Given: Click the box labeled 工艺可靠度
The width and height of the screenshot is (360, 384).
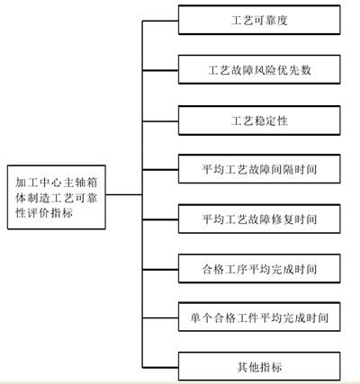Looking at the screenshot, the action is (259, 20).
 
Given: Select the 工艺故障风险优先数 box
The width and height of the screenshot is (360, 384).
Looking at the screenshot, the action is (259, 69).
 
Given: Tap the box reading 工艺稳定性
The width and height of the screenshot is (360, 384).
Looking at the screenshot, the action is (259, 121).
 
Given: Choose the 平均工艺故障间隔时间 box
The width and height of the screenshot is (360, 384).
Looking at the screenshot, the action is (259, 169).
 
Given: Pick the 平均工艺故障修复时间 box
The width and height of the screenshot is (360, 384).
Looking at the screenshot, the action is (259, 219).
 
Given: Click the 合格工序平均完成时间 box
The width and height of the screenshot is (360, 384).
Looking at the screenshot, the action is (259, 269).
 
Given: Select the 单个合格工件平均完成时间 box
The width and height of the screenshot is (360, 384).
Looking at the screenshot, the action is (259, 317).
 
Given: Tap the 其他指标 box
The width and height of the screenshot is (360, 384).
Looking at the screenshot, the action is (259, 367).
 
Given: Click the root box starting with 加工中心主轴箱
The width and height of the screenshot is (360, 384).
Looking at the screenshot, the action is (57, 197).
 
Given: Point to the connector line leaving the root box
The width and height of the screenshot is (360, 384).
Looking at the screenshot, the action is (124, 195).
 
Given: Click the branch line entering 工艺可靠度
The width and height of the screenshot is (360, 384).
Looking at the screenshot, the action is (160, 21).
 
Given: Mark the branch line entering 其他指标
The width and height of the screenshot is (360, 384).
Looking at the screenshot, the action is (160, 367).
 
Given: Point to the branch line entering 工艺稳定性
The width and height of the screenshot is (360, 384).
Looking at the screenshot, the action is (160, 121).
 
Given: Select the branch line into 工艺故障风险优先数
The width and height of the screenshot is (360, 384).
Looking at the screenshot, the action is (160, 70).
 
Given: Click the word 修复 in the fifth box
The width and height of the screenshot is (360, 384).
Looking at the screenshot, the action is (283, 219).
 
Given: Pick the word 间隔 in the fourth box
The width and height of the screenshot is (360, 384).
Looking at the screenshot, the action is (283, 169).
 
